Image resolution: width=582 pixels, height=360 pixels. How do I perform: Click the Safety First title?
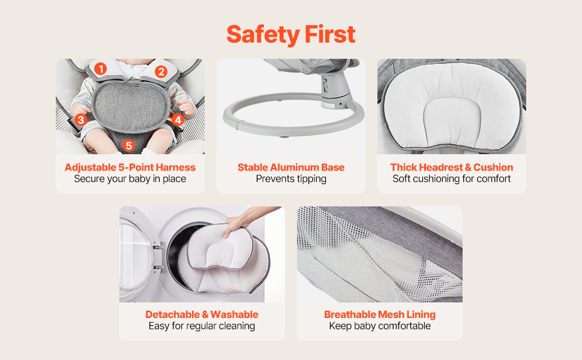[x=291, y=35]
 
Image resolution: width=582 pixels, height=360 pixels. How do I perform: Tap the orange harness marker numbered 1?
[x=100, y=68]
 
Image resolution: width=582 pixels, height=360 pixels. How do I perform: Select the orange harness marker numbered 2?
[x=161, y=71]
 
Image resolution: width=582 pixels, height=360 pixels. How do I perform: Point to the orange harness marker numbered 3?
[x=80, y=119]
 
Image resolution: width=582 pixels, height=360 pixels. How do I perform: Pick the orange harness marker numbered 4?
[x=178, y=119]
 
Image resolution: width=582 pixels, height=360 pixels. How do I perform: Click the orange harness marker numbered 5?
[x=128, y=145]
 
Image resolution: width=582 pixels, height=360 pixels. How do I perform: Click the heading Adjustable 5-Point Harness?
[x=130, y=167]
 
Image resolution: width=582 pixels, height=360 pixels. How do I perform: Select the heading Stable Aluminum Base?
[x=291, y=167]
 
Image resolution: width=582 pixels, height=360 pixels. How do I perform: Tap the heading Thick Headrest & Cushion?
[x=452, y=167]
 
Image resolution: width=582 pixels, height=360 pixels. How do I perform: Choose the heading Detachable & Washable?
[x=202, y=314]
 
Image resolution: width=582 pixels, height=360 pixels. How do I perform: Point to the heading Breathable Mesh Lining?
[x=380, y=314]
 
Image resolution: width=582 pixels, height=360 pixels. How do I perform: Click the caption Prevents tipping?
[x=291, y=179]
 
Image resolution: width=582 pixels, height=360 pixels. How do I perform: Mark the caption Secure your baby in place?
[x=130, y=179]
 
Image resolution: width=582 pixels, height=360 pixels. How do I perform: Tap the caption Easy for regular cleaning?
[x=202, y=326]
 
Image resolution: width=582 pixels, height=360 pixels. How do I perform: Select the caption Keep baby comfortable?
[x=380, y=326]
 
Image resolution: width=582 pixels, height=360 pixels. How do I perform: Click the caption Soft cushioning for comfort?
[x=452, y=179]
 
